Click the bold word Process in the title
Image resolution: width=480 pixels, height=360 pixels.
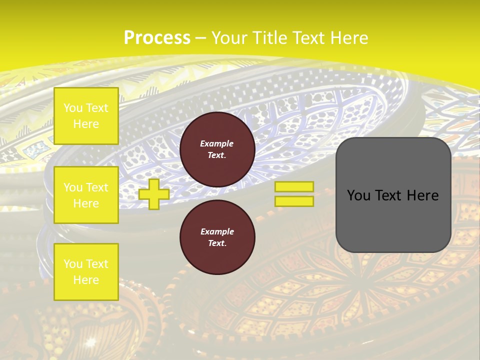157,37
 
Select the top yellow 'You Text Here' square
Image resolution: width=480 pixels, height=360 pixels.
86,116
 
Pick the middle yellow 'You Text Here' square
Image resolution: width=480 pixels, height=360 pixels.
86,195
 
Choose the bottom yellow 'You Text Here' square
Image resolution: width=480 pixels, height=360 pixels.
86,272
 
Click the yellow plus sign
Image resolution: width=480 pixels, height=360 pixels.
154,194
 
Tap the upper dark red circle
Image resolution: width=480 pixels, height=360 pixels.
217,149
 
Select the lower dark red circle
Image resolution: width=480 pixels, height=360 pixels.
217,237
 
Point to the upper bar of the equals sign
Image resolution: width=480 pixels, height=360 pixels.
294,186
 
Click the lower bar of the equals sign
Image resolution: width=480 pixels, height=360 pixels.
294,201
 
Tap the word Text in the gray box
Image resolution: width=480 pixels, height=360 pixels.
393,195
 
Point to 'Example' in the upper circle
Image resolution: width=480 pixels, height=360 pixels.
216,143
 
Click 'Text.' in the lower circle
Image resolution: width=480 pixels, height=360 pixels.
216,243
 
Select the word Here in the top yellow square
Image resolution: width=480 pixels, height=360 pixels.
86,124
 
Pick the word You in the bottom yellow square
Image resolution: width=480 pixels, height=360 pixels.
73,263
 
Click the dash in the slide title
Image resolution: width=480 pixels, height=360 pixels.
201,38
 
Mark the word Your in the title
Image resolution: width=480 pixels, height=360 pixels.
229,37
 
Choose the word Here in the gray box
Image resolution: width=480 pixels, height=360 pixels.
422,195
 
